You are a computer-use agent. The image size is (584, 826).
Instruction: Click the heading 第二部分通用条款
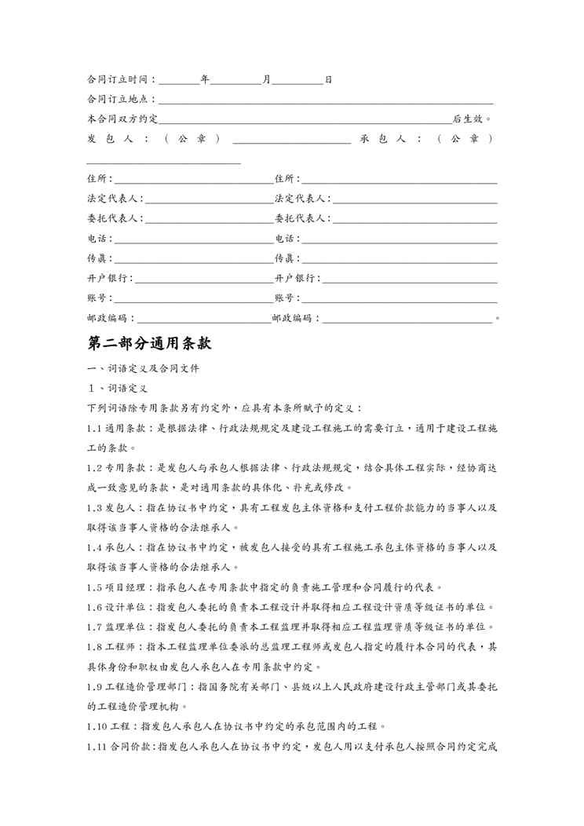pos(149,344)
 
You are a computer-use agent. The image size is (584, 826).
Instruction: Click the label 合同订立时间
pos(120,79)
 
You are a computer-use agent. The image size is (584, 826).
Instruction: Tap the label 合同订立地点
pos(120,100)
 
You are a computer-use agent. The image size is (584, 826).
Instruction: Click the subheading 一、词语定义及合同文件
pos(144,368)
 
